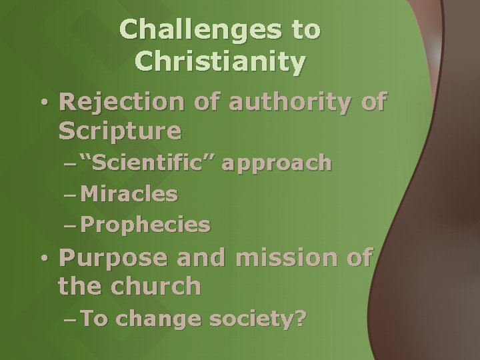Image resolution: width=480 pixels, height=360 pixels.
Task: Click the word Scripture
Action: [x=120, y=131]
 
